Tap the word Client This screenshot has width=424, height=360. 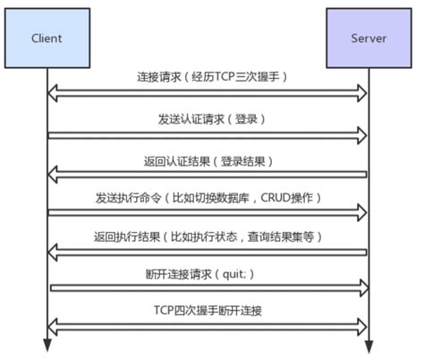(x=47, y=41)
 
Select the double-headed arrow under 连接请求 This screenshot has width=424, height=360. (x=208, y=92)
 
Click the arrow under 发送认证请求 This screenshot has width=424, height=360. (x=208, y=134)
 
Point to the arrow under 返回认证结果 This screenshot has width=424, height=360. (x=208, y=173)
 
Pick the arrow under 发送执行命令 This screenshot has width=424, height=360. (x=208, y=212)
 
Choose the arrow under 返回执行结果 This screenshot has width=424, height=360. (x=208, y=252)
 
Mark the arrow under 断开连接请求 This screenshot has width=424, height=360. (x=208, y=288)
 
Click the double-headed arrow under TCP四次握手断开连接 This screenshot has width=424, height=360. (x=208, y=324)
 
